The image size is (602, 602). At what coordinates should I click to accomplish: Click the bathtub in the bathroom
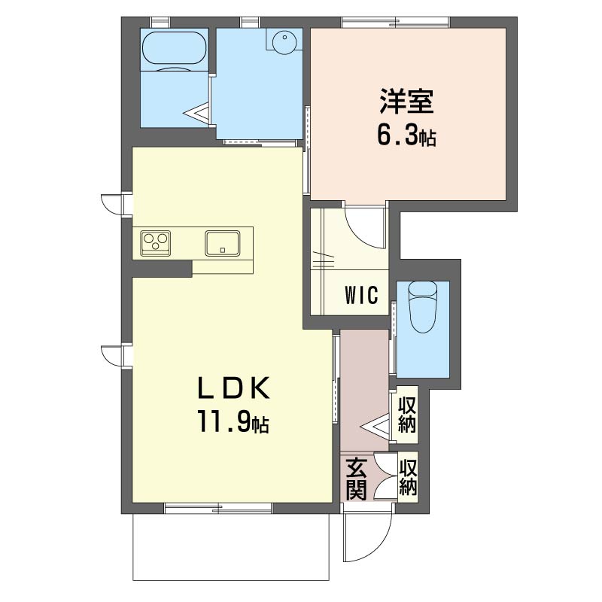pyautogui.click(x=175, y=48)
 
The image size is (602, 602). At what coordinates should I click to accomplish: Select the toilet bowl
pyautogui.click(x=423, y=307)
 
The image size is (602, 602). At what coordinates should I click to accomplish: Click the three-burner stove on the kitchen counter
pyautogui.click(x=156, y=242)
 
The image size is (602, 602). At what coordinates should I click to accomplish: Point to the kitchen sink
pyautogui.click(x=222, y=243)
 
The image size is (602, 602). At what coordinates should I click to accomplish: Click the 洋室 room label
pyautogui.click(x=406, y=102)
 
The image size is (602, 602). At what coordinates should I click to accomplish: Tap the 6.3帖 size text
pyautogui.click(x=406, y=135)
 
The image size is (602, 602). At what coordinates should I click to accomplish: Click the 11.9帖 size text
pyautogui.click(x=233, y=421)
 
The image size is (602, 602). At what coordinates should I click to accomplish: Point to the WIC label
pyautogui.click(x=362, y=295)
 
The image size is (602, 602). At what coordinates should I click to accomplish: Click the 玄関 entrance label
pyautogui.click(x=356, y=479)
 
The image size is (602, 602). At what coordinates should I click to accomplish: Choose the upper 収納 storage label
pyautogui.click(x=407, y=415)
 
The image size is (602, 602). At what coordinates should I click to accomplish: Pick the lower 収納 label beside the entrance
pyautogui.click(x=408, y=478)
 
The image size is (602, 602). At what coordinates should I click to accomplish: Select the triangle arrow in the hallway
pyautogui.click(x=375, y=426)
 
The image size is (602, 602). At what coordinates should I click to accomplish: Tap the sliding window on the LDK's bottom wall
pyautogui.click(x=218, y=509)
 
